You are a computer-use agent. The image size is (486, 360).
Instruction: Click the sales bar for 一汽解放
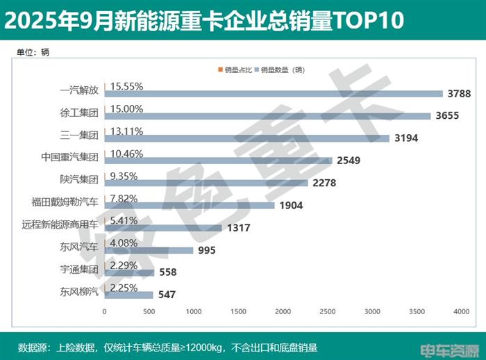coord(274,94)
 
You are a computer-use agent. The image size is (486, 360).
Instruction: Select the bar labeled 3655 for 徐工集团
coord(267,116)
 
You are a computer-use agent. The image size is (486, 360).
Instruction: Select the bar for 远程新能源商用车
coord(163,228)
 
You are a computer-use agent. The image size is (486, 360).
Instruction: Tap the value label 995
coord(208,250)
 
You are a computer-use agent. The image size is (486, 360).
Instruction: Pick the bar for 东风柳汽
coord(128,295)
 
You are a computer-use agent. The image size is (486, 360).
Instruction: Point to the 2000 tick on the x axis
coord(283,311)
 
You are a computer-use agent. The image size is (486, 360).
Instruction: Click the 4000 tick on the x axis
coord(462,311)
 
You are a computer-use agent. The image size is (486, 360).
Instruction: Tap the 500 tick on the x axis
coord(149,311)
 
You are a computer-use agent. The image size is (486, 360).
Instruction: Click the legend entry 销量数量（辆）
coord(283,69)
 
